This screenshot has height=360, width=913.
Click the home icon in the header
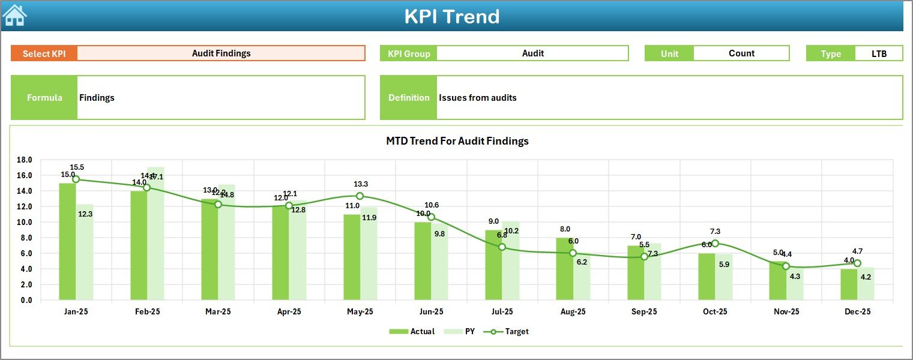click(15, 16)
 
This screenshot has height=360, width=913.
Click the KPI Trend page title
click(451, 16)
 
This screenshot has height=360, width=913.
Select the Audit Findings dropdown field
click(221, 53)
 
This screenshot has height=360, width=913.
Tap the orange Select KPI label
click(44, 53)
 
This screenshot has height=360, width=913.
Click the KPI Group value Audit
click(532, 53)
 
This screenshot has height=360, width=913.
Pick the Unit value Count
click(741, 53)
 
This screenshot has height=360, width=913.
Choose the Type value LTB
click(879, 53)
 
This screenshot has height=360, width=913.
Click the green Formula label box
click(44, 98)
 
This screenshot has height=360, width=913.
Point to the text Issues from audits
click(477, 98)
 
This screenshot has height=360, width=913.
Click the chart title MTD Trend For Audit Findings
click(457, 141)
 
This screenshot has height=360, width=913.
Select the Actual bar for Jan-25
click(67, 241)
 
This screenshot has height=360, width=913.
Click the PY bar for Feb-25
click(155, 233)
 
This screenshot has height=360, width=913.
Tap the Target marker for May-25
click(360, 196)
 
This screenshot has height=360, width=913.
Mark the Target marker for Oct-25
click(715, 244)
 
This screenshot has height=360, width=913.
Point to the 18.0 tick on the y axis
click(25, 160)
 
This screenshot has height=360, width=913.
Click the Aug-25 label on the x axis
click(573, 312)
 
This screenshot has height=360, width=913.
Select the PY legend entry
click(463, 331)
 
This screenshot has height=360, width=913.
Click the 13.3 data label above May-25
click(361, 184)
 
